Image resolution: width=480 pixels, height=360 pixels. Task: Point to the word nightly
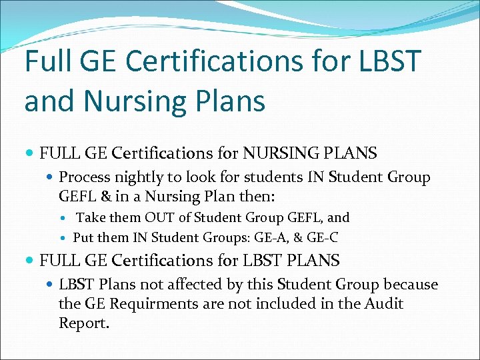[137, 177]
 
